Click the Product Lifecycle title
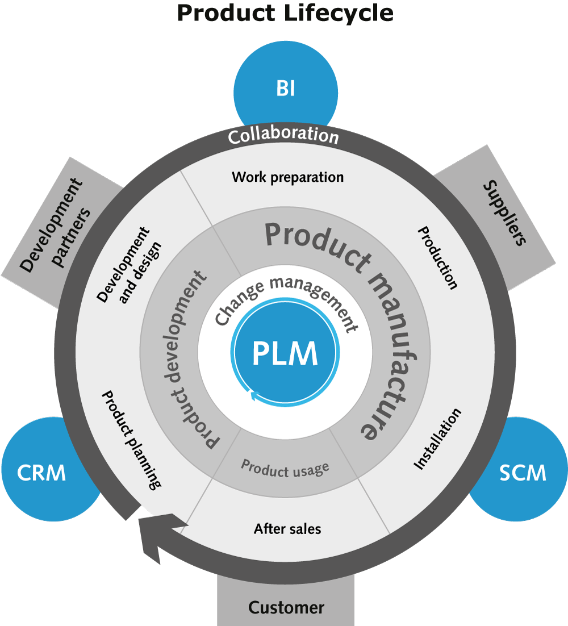(x=285, y=13)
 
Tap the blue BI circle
(x=286, y=90)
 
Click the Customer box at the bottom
(x=286, y=607)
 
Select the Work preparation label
(x=287, y=177)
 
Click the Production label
(x=437, y=258)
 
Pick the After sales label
(x=287, y=529)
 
